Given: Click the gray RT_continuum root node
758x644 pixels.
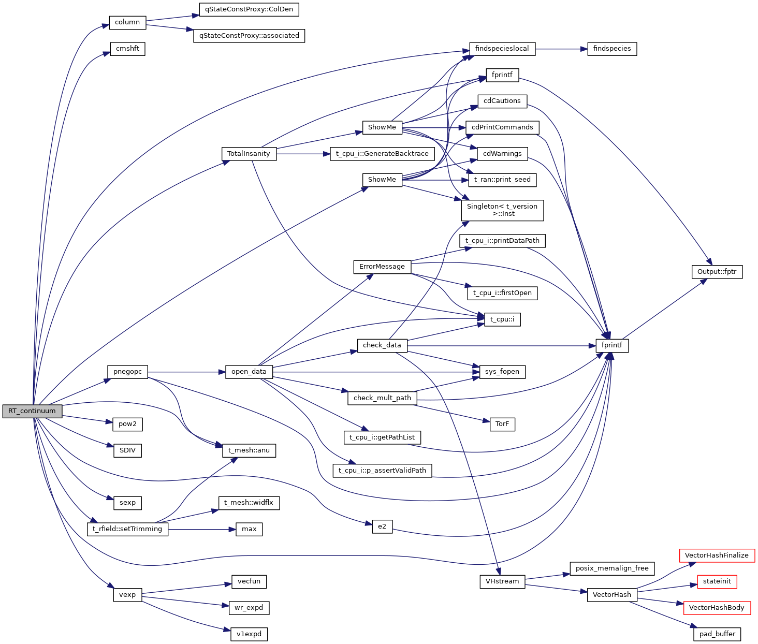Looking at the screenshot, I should click(32, 411).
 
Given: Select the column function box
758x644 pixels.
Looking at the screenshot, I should click(127, 22).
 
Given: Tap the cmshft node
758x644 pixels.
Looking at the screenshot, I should click(127, 49).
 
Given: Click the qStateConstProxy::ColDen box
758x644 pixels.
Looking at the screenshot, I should click(249, 9).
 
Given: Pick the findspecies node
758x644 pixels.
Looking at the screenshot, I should click(612, 49).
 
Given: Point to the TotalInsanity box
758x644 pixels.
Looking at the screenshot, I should click(249, 154).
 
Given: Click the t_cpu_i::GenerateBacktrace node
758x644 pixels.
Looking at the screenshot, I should click(382, 154).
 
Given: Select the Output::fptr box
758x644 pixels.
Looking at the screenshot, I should click(717, 272).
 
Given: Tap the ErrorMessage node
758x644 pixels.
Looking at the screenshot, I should click(382, 267).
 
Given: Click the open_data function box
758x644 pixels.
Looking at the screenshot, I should click(249, 372).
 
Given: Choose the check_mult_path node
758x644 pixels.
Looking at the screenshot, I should click(382, 398).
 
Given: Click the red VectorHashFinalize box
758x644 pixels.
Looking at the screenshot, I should click(717, 555).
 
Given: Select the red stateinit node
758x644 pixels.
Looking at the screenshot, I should click(717, 581).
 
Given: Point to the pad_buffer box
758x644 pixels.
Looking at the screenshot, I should click(717, 634).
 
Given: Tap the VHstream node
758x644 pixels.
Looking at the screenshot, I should click(502, 581).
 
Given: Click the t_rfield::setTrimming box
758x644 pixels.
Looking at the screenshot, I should click(127, 529).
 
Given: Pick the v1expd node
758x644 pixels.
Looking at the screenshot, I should click(249, 634).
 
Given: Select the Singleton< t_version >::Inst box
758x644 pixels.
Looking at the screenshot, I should click(502, 210).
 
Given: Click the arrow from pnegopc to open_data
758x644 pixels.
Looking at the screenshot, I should click(186, 372).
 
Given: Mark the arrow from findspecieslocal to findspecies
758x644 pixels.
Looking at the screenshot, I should click(561, 49).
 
